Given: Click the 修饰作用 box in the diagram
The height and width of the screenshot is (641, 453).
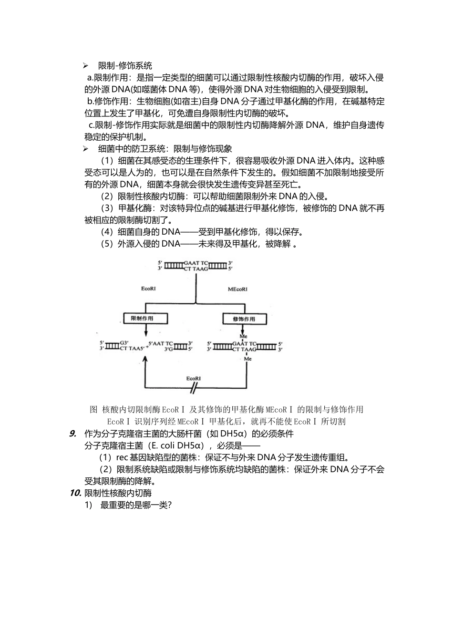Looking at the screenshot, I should pyautogui.click(x=243, y=319).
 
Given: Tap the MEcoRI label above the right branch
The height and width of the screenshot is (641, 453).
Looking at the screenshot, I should pyautogui.click(x=237, y=289).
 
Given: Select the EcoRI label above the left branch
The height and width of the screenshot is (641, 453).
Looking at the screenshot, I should pyautogui.click(x=149, y=289).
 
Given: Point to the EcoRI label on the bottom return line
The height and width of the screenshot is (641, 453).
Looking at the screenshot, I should pyautogui.click(x=193, y=378).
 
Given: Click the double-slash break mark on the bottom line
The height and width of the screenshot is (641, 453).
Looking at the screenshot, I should pyautogui.click(x=194, y=388).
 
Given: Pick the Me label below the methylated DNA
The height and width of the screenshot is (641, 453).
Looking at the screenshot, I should pyautogui.click(x=247, y=359).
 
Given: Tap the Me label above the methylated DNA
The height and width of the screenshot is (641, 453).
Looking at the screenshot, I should pyautogui.click(x=244, y=336).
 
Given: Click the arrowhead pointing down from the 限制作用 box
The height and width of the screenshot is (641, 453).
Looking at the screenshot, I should pyautogui.click(x=146, y=334).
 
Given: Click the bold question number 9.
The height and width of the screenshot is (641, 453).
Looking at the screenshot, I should pyautogui.click(x=73, y=434).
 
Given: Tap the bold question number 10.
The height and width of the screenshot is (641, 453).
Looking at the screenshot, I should pyautogui.click(x=75, y=493).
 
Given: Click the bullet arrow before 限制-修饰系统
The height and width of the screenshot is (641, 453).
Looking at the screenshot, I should pyautogui.click(x=86, y=66).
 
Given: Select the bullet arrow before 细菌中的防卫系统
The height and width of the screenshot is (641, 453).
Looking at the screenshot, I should pyautogui.click(x=86, y=149).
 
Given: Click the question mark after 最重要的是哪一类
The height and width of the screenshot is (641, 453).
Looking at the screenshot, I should pyautogui.click(x=169, y=505).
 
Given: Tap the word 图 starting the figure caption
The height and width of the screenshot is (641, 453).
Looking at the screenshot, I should pyautogui.click(x=93, y=410).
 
